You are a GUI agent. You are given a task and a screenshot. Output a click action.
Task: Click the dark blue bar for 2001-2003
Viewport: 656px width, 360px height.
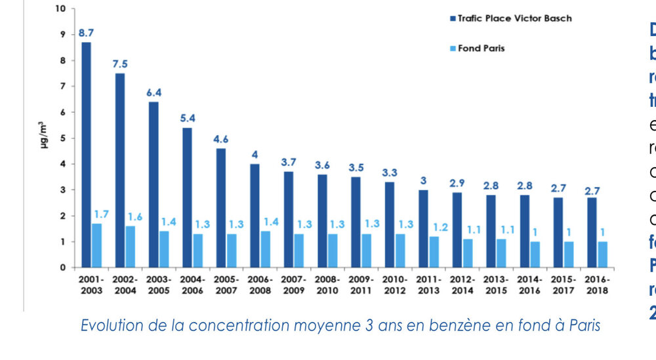click(x=86, y=155)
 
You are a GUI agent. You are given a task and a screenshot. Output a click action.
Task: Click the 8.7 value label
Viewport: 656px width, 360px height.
click(x=86, y=31)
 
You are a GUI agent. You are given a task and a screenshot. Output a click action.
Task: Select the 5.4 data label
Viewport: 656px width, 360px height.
click(x=187, y=118)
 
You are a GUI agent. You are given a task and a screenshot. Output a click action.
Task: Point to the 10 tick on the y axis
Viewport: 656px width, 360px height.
click(x=60, y=9)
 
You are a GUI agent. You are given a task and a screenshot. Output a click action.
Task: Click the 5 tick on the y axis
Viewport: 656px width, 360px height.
click(x=63, y=138)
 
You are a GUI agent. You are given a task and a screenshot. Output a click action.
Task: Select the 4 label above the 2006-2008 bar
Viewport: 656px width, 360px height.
click(x=255, y=155)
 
